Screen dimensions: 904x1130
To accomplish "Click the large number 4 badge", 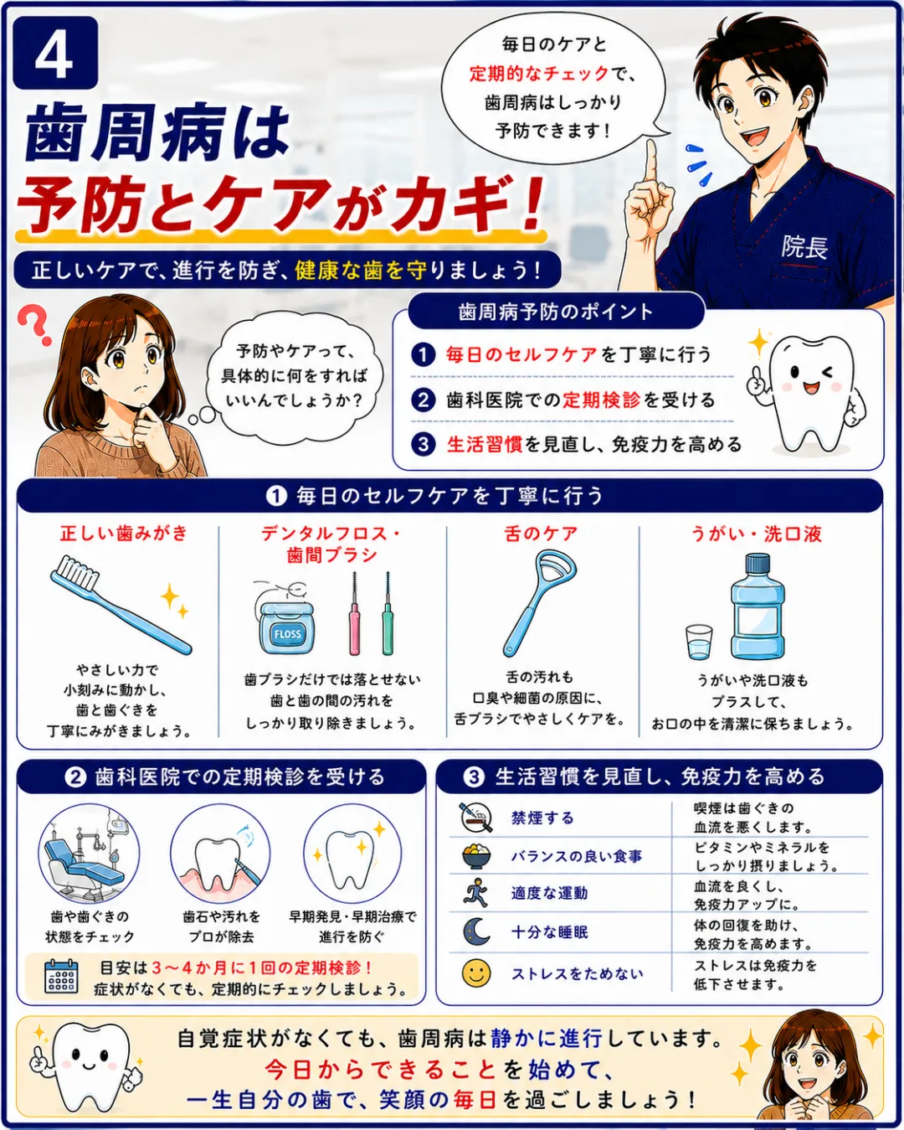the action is coord(55,53).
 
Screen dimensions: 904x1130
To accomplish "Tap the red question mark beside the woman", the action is coord(34,325).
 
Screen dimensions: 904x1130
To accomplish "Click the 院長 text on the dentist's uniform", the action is coord(804,247).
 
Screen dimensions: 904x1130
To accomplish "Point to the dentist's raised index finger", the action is coord(652,163).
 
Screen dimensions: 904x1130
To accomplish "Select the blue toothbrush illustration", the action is coord(121,604).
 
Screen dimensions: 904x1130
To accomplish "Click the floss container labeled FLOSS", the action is coord(285,620).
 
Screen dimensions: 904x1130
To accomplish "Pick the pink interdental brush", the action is coord(355,613).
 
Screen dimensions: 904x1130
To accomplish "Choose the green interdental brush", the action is coord(388,613).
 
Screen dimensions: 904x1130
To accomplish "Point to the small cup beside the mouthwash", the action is coord(699,642).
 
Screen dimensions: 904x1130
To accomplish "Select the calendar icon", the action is coord(61,977).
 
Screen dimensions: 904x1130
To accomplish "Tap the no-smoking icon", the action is coord(476,817).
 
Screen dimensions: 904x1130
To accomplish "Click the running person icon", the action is coord(476,893).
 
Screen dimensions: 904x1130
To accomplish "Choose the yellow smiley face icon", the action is coord(476,973).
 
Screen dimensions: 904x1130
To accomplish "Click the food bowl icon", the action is coord(476,856).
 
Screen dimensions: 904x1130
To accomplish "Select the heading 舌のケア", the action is coord(541,534).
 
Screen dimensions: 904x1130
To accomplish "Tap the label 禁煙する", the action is coord(542,818).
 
